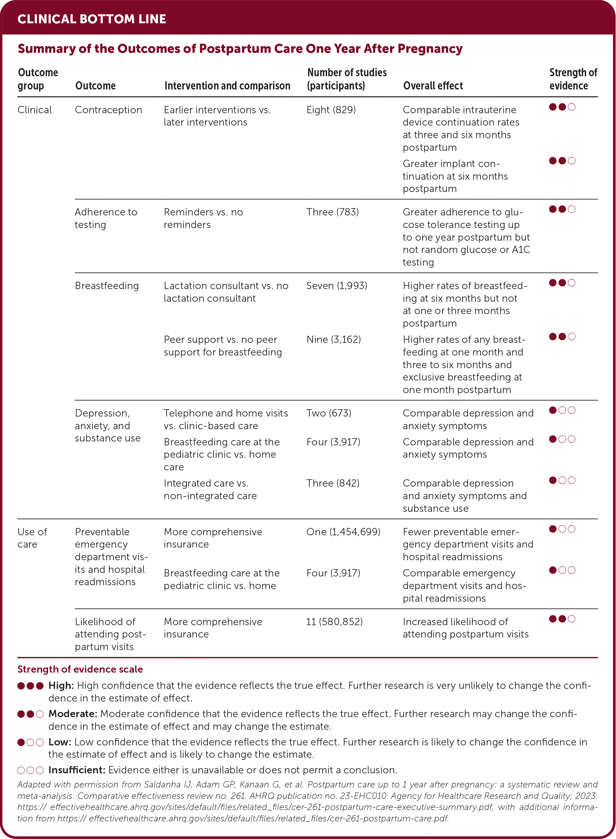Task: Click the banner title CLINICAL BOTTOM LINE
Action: [x=92, y=19]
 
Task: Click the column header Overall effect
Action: [x=433, y=86]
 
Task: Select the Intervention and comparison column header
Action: [x=227, y=86]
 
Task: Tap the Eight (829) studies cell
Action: [x=331, y=110]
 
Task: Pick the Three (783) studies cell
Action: [x=332, y=212]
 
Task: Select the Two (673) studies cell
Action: [x=329, y=413]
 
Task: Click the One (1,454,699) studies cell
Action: [x=343, y=532]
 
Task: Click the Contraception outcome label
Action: [x=108, y=110]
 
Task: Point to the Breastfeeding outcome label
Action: [x=107, y=286]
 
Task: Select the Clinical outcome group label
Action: [x=35, y=110]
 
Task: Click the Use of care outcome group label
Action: [x=32, y=538]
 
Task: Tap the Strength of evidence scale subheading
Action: [x=80, y=669]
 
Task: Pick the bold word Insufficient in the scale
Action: [x=77, y=770]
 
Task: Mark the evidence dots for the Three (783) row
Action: [x=562, y=209]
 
